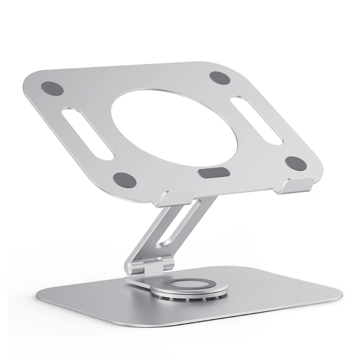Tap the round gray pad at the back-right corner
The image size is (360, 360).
221,77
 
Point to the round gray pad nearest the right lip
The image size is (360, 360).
296,164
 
